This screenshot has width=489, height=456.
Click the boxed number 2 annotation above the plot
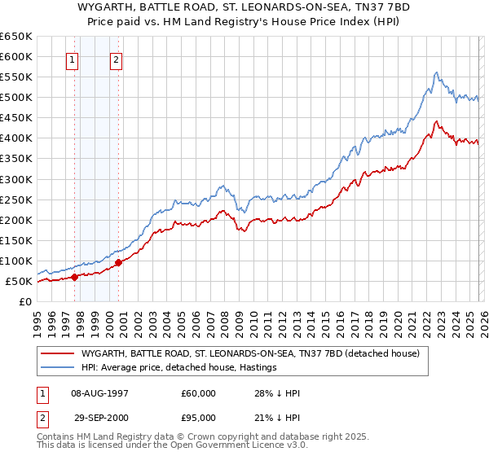[117, 59]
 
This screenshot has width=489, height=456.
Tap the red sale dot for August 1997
[74, 277]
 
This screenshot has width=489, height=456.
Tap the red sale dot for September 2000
[119, 262]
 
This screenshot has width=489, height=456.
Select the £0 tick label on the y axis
[25, 301]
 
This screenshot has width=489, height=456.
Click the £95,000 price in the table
[198, 419]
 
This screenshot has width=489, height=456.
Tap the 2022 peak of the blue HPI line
[437, 72]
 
